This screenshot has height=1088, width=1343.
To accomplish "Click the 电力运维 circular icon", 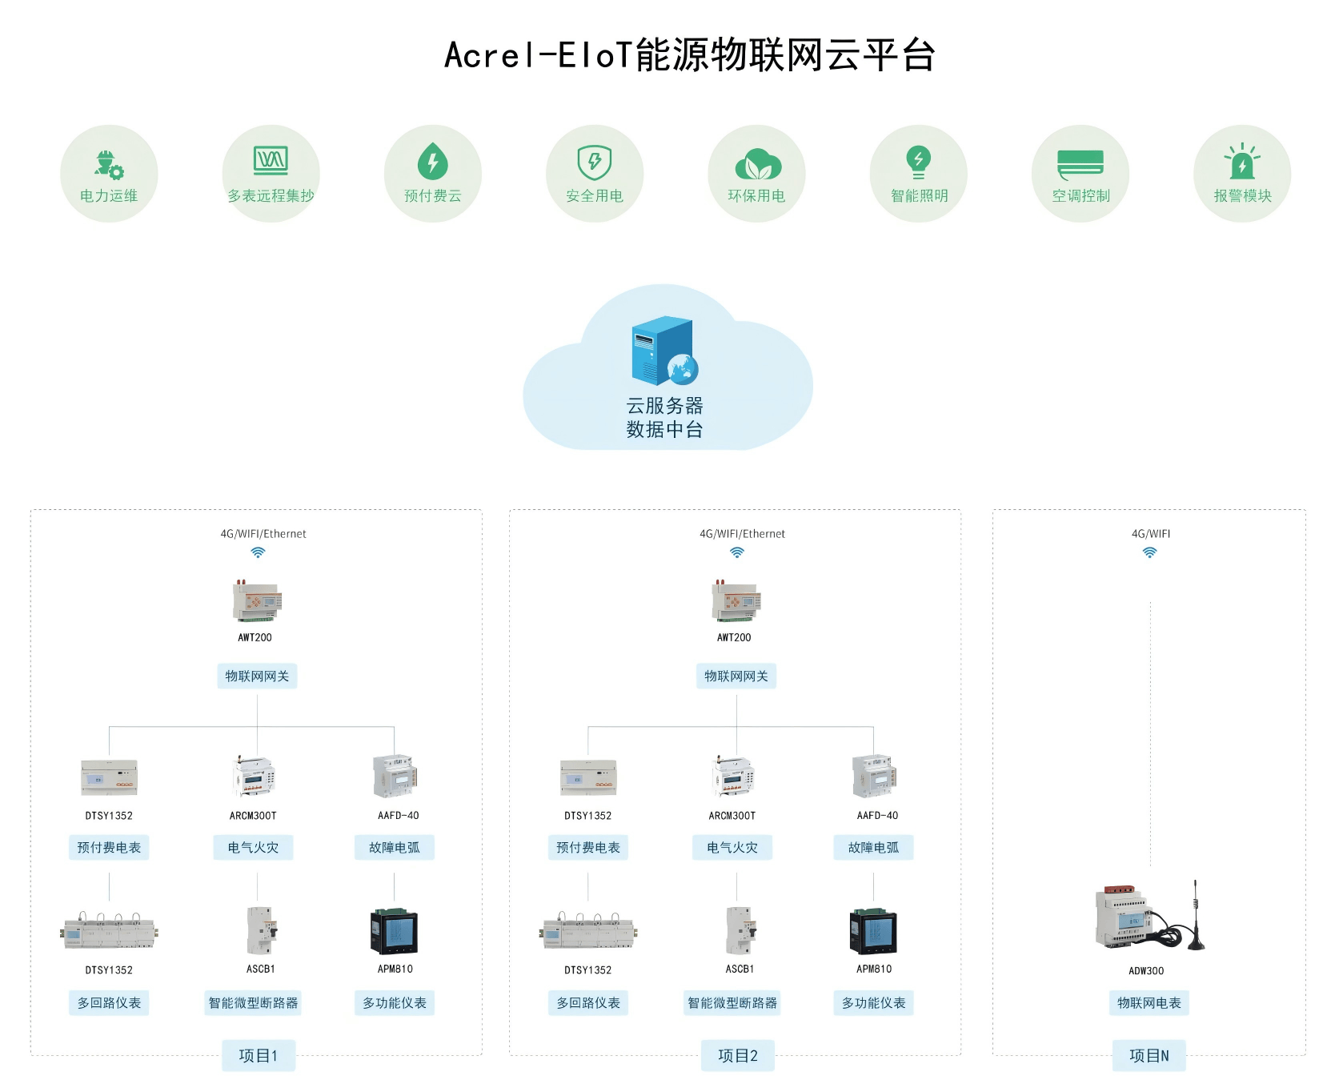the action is coord(109,174).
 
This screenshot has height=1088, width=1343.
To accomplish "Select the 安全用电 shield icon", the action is coord(595,163).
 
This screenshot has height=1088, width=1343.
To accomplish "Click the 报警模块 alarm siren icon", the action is coord(1242,161).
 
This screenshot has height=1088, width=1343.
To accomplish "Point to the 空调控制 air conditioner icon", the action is coord(1080,163).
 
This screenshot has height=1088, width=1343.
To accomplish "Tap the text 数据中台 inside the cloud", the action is coord(664,430).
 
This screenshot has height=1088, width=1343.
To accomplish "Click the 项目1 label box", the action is coord(259,1056).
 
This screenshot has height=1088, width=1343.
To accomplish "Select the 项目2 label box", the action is coord(738,1056).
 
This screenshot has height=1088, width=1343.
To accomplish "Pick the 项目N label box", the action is coord(1149,1056).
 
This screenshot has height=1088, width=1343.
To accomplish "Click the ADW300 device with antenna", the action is coord(1149,916).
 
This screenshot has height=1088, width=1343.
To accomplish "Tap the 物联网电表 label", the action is coord(1149,1003).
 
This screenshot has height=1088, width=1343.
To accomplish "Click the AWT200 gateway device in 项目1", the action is coord(257,601).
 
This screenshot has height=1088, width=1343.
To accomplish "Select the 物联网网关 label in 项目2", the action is coord(736,676).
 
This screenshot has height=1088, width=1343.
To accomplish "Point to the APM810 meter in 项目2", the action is coord(873,931).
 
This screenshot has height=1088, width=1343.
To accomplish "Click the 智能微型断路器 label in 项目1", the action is coord(253,1003).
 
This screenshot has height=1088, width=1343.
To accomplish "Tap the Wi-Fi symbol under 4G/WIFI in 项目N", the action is coord(1150,552).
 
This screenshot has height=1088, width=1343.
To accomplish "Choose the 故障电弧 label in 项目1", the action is coord(395,848).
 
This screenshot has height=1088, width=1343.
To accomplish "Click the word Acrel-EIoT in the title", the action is coord(539,55).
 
